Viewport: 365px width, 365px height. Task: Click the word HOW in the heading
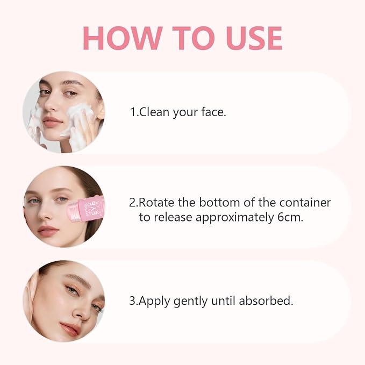(x=123, y=38)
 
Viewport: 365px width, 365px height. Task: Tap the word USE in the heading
(x=254, y=38)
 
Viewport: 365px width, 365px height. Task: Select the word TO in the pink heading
(x=194, y=38)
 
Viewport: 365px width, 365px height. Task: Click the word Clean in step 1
(x=154, y=112)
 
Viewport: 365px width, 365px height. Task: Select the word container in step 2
(x=305, y=202)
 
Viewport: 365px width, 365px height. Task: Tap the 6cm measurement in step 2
(x=290, y=217)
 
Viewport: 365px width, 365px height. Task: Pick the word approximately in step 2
(x=234, y=218)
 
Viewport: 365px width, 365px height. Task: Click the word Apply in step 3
(x=154, y=300)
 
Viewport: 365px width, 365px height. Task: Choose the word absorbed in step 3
(x=266, y=300)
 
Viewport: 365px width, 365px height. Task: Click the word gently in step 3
(x=191, y=301)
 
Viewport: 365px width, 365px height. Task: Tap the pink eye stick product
(x=85, y=209)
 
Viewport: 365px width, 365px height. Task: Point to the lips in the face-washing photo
(x=52, y=121)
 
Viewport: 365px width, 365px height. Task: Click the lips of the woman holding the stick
(x=47, y=231)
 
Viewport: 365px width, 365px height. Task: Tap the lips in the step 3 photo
(x=70, y=328)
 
